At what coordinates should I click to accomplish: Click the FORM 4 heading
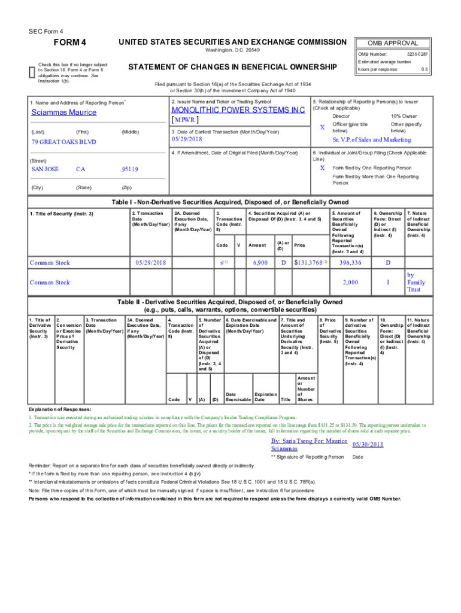point(71,43)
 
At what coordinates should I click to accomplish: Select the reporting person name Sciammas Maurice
point(63,112)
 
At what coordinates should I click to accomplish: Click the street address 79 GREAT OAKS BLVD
point(63,142)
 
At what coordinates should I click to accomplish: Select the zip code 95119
point(130,169)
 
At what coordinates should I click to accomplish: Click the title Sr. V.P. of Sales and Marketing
point(372,139)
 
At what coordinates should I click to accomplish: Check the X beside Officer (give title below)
point(322,128)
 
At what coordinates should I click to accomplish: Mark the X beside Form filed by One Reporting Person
point(322,168)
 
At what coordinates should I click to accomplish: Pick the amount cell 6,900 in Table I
point(260,262)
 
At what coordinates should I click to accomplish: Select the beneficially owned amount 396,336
point(350,262)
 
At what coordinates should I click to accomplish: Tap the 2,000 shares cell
point(350,282)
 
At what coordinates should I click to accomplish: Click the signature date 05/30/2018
point(368,444)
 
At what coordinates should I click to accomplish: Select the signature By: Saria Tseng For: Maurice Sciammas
point(308,444)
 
